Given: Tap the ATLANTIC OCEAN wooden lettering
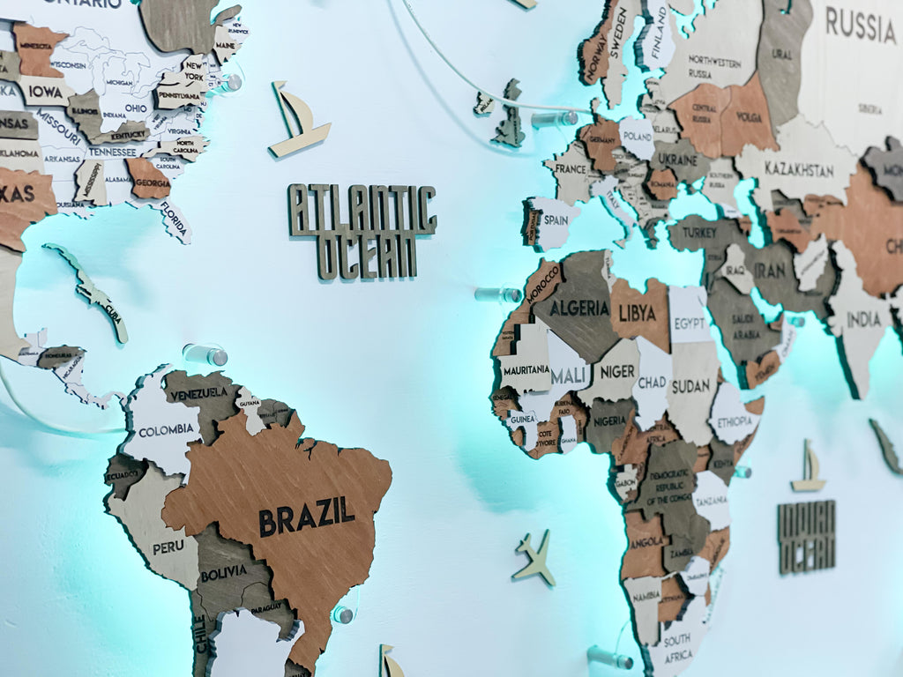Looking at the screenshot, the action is click(x=362, y=231).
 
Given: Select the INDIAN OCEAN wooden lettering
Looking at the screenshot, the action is click(x=806, y=536).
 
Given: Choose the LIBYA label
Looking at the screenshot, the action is click(x=637, y=313).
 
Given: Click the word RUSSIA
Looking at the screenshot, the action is click(x=860, y=26).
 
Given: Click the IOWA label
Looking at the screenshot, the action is click(x=44, y=91).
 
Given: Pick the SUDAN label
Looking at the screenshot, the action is click(x=690, y=386).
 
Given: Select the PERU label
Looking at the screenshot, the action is click(x=168, y=547).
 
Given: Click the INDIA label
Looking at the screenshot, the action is click(x=864, y=319).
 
